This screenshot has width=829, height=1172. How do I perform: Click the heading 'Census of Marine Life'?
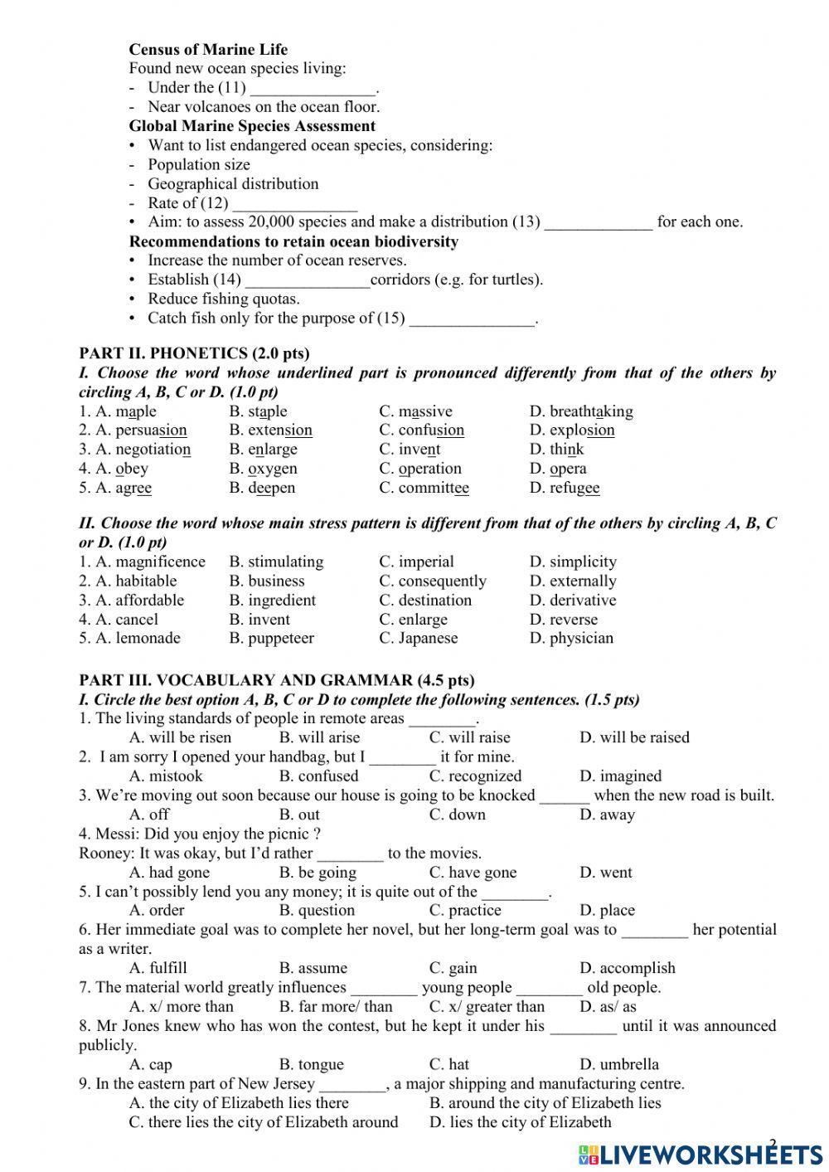208,50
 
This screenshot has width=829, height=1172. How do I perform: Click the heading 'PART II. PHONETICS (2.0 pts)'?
194,354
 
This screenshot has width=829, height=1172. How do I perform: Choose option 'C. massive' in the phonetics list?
415,411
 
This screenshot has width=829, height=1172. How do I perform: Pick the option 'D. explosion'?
572,430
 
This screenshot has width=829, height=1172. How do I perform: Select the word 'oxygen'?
273,469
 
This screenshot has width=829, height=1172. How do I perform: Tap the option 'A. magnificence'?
142,562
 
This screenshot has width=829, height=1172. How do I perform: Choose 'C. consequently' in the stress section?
433,581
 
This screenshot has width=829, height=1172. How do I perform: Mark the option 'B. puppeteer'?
272,639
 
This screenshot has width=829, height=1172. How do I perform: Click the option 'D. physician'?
571,639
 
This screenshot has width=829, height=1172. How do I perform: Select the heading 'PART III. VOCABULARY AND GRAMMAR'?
277,681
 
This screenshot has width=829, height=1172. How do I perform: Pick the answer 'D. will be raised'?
634,737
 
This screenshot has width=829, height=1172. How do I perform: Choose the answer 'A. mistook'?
166,776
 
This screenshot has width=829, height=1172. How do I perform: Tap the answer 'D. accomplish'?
627,968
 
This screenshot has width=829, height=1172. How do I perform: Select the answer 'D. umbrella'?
619,1064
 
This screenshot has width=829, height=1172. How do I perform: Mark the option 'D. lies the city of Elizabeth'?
520,1122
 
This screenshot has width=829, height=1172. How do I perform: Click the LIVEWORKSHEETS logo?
701,1154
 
